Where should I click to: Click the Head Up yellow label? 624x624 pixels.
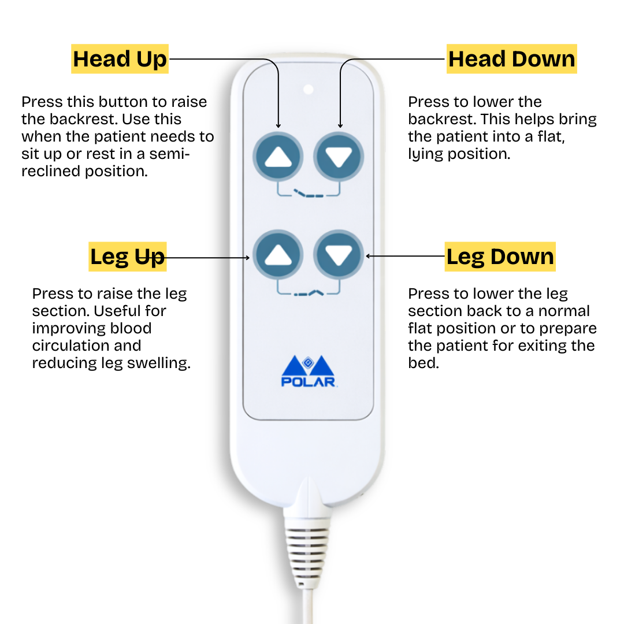(x=120, y=59)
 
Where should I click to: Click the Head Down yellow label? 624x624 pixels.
(x=512, y=59)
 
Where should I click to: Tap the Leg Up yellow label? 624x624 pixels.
(x=127, y=257)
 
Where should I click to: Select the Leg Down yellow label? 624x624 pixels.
(x=500, y=257)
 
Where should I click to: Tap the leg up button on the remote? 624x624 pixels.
(x=278, y=255)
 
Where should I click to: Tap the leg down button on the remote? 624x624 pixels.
(x=339, y=255)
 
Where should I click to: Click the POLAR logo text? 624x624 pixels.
(x=309, y=382)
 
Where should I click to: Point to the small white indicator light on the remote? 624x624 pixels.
(x=309, y=90)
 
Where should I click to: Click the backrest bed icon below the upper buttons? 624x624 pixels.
(x=309, y=194)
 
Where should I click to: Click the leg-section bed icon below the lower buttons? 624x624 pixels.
(x=309, y=294)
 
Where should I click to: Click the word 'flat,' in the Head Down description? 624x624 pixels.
(x=551, y=137)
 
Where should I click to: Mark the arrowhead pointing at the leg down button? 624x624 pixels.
(x=368, y=256)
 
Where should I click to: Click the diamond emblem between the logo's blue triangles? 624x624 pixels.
(x=308, y=362)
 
